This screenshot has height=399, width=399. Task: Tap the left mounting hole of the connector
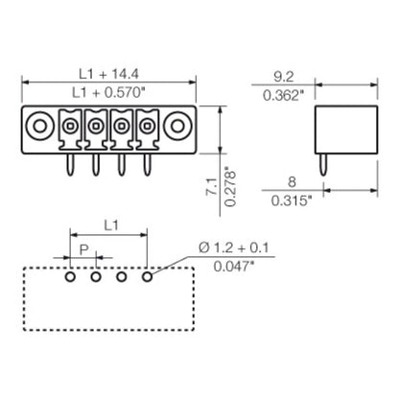click(41, 125)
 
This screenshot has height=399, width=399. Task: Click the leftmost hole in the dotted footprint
click(71, 276)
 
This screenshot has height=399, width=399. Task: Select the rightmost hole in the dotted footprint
click(148, 276)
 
